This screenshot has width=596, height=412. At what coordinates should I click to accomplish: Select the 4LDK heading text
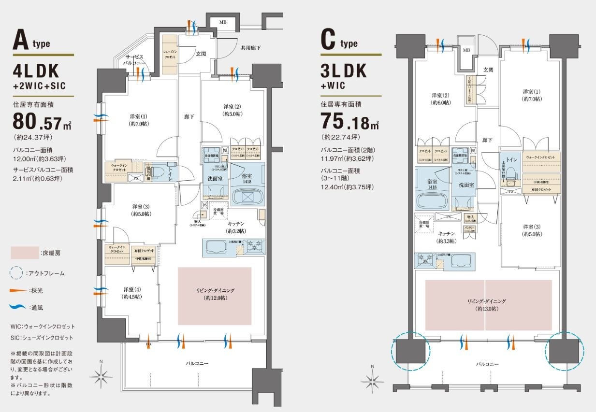coord(36,71)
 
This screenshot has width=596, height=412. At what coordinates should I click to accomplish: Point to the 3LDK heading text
coord(344,71)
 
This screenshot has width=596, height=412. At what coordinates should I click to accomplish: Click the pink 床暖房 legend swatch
coord(24,253)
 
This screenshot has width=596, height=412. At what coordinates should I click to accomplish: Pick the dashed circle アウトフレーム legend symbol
coord(16,273)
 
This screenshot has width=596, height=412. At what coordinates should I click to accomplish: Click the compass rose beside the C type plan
coord(373,380)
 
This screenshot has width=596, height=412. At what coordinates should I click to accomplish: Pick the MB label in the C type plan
coord(466,50)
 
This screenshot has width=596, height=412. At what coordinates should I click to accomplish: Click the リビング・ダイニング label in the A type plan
coord(215,294)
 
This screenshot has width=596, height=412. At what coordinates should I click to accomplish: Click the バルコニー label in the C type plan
coord(487,364)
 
